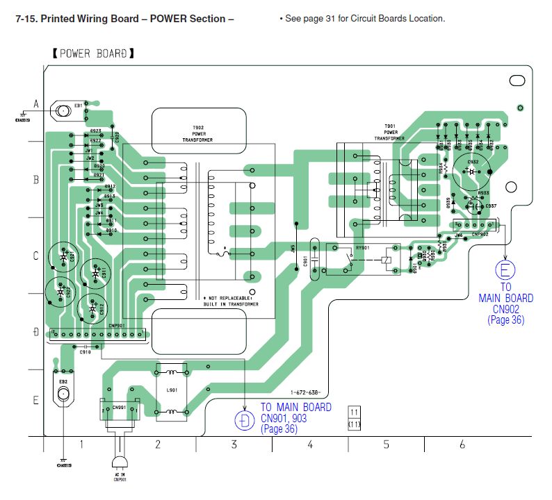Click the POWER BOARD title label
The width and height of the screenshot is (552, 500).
pyautogui.click(x=92, y=53)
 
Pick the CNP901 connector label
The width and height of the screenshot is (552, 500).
pyautogui.click(x=97, y=325)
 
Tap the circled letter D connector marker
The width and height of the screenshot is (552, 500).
pyautogui.click(x=244, y=420)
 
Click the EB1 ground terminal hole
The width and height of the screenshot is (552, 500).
pyautogui.click(x=64, y=110)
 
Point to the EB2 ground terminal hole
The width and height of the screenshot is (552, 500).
pyautogui.click(x=64, y=394)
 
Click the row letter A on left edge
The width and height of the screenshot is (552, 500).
pyautogui.click(x=36, y=104)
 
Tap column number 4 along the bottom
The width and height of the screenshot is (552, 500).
pyautogui.click(x=310, y=444)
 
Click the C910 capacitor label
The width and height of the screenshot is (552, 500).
pyautogui.click(x=85, y=352)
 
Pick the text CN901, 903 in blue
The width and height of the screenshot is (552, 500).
pyautogui.click(x=284, y=418)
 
